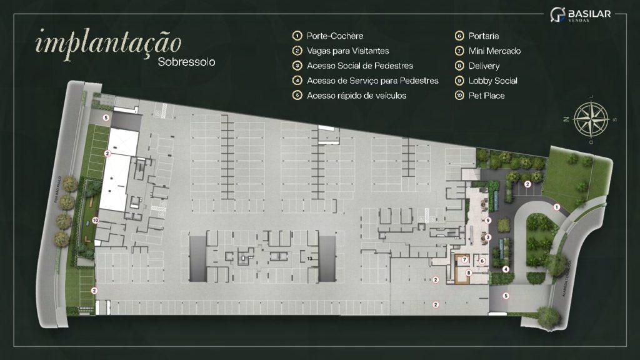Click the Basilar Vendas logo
point(580,14)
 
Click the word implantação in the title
point(109,42)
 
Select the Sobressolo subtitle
point(187,62)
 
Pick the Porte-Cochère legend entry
point(335,36)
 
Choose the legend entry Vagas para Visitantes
point(348,51)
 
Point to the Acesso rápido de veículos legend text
point(356,96)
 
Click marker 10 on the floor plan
point(96,220)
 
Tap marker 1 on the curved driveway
point(556,207)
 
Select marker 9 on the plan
point(488,221)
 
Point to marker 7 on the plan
point(465,259)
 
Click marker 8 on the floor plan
point(468,272)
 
